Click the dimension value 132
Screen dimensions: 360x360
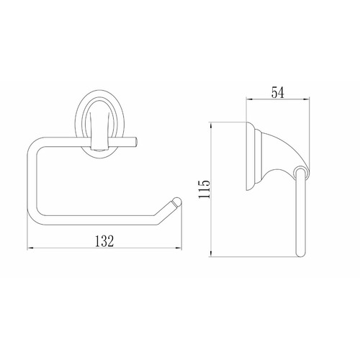104,240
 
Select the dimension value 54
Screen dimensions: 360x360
278,92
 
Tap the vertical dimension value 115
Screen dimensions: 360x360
204,189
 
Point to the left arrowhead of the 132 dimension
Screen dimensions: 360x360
30,248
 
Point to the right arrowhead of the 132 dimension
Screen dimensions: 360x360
179,248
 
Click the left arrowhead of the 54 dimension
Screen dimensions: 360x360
250,99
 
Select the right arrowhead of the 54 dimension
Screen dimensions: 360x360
306,99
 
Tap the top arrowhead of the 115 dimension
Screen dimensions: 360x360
211,125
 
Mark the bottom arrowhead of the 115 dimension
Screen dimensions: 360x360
211,253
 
